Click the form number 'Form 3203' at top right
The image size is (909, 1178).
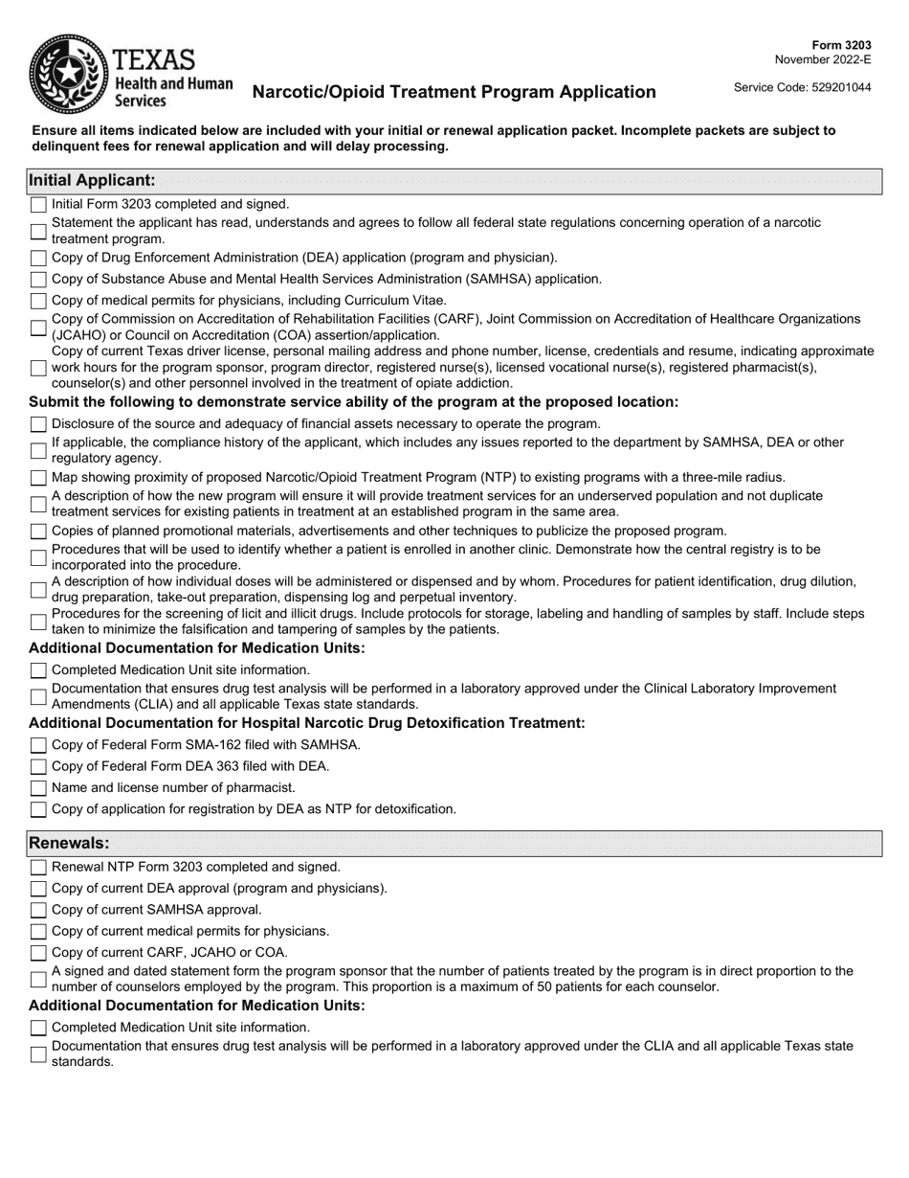point(842,45)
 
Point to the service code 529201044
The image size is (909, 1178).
point(802,87)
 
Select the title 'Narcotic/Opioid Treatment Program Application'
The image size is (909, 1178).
point(454,92)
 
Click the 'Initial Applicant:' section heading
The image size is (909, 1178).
point(92,180)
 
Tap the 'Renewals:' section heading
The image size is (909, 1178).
point(69,843)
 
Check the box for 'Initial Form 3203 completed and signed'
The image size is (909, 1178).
point(38,204)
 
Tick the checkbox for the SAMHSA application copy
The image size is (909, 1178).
point(38,280)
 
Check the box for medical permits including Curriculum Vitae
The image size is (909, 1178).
point(38,301)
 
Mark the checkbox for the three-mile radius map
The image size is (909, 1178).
point(38,478)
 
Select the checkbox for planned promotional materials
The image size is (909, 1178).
point(38,532)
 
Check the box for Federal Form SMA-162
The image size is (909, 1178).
point(38,745)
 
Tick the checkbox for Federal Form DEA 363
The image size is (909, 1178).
point(38,766)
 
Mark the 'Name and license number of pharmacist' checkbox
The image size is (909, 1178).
point(38,788)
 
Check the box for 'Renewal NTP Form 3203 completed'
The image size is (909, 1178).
point(38,868)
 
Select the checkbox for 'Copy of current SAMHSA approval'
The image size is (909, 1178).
point(38,910)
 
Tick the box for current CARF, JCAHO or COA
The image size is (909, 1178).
point(38,953)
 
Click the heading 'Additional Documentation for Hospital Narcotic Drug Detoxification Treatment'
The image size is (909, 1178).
point(306,722)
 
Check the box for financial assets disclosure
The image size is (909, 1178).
point(38,424)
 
